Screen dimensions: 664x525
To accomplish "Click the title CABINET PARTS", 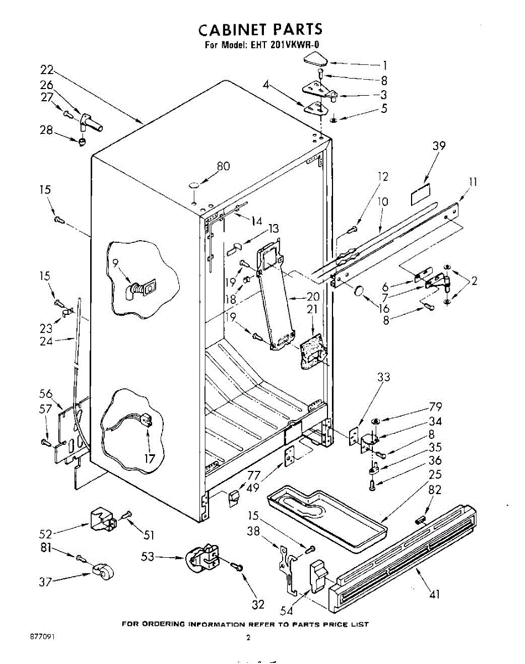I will tap(260, 29).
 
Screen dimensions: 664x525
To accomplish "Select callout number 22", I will tap(47, 70).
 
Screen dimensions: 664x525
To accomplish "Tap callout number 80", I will tap(223, 166).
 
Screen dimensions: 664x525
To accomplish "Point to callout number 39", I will tap(439, 146).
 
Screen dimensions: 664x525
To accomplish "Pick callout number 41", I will tap(435, 594).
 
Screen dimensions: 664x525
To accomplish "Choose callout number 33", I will tap(383, 377).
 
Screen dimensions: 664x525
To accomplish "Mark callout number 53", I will tap(148, 557).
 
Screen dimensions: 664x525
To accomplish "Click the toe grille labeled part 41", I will tap(404, 559).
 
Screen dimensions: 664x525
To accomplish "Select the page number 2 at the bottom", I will tap(248, 637).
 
